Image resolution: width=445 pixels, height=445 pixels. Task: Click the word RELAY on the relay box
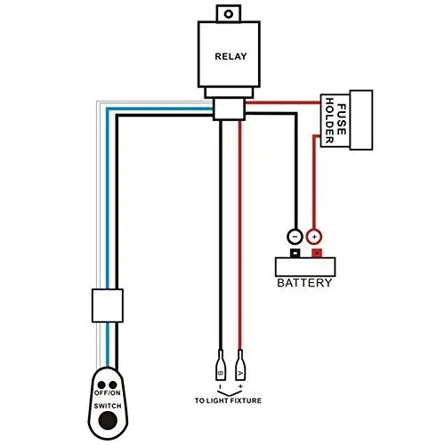tap(230, 55)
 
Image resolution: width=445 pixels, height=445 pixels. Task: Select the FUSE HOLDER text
tap(336, 119)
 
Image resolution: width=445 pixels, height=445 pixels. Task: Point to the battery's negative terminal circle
tap(294, 237)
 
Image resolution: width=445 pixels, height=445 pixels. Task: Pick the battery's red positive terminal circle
tap(313, 237)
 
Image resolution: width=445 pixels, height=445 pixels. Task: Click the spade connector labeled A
tap(241, 364)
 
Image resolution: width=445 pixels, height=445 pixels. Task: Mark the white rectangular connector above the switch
tap(107, 305)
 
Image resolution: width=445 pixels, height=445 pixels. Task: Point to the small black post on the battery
tap(294, 253)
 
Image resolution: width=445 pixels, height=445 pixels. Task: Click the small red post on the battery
tap(314, 253)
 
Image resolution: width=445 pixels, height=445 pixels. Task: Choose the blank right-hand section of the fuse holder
tap(360, 119)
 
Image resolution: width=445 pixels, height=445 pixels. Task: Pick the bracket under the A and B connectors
tap(230, 388)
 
